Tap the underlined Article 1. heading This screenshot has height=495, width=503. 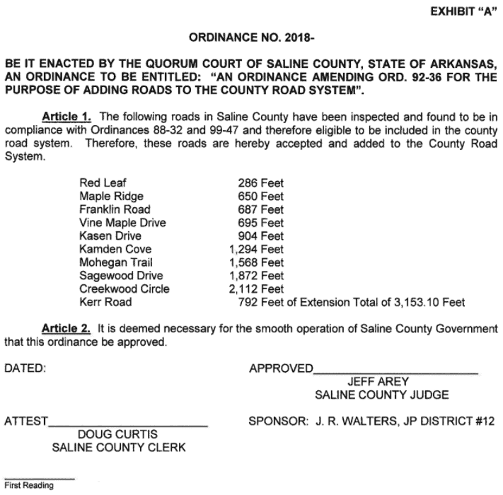point(71,115)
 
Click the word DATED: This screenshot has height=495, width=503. point(25,368)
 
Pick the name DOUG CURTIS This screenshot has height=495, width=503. point(117,434)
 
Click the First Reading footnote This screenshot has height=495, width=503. point(29,486)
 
